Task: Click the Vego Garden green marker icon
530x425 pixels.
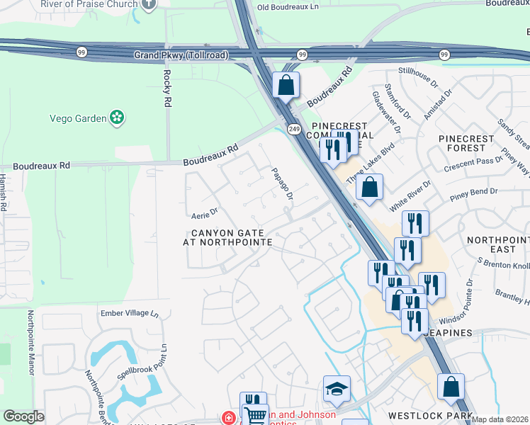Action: (118, 118)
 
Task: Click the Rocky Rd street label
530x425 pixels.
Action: (167, 88)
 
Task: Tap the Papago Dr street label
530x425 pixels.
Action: (282, 183)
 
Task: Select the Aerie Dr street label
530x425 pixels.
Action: (204, 210)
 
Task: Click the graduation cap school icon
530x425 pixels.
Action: (337, 387)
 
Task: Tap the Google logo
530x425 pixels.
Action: (23, 416)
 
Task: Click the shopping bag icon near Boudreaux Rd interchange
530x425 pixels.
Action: (286, 86)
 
